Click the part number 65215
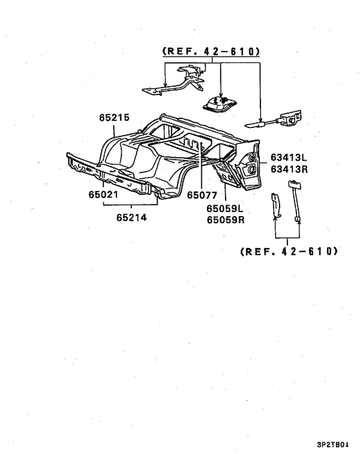(114, 118)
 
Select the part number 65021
(104, 195)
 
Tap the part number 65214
(132, 217)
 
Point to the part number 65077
(202, 195)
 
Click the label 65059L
(225, 208)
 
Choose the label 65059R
(226, 220)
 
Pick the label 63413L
(289, 158)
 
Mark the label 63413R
(289, 169)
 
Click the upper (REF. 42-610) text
(212, 51)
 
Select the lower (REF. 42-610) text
(289, 251)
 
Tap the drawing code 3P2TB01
(333, 444)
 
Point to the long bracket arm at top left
(173, 82)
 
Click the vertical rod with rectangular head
(294, 202)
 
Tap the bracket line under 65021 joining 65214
(130, 204)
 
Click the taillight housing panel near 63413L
(249, 165)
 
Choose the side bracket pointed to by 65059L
(228, 173)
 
